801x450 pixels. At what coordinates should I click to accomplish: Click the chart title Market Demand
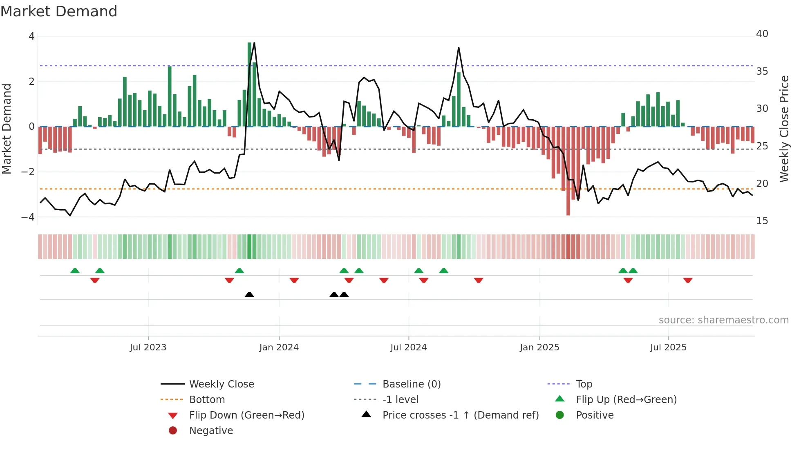59,11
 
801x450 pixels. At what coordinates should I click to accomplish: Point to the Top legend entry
584,384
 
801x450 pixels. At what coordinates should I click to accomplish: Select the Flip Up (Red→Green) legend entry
626,400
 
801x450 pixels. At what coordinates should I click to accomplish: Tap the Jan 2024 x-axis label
279,348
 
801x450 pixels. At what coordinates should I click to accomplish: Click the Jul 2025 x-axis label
668,348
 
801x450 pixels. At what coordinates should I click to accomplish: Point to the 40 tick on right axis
762,34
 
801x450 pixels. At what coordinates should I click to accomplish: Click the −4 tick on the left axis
28,217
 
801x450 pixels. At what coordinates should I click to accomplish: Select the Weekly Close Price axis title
784,129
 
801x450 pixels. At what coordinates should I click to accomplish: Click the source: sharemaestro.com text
723,320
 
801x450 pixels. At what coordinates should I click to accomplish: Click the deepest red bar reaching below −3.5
568,172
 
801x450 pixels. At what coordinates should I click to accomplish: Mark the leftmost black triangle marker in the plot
249,294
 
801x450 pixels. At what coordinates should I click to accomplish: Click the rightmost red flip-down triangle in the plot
688,280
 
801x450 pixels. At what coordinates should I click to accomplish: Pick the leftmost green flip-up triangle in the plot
75,271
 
